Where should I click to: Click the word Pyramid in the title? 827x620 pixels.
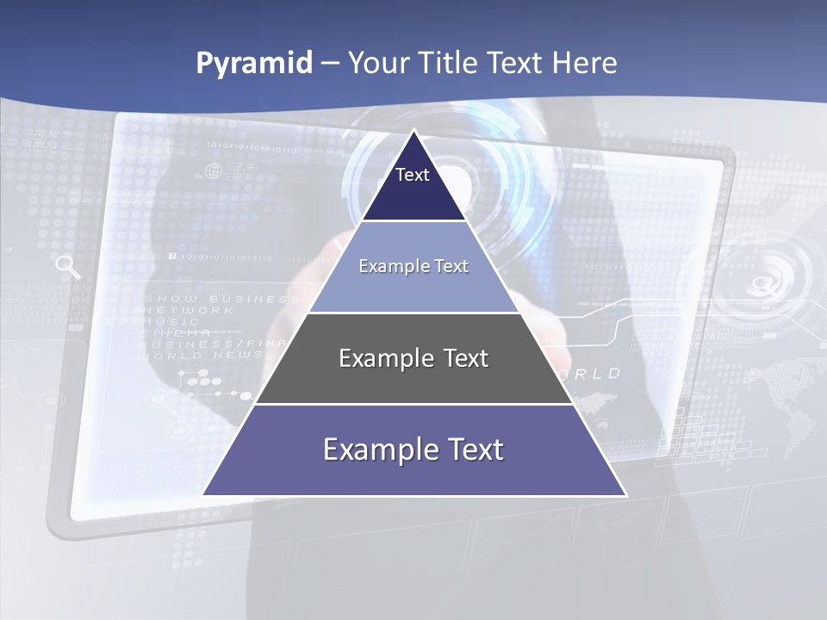(254, 64)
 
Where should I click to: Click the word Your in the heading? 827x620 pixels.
(379, 64)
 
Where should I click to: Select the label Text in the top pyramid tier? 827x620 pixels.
(413, 175)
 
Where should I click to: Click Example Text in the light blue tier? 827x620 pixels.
(413, 266)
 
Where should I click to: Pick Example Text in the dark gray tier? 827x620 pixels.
(413, 358)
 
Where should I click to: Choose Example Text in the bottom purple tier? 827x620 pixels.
(413, 449)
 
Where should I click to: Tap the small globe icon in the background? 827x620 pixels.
(213, 170)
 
